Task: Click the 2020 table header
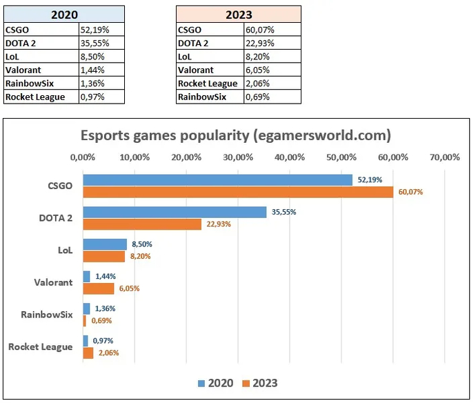point(64,14)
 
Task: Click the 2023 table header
point(239,14)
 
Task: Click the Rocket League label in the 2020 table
point(35,97)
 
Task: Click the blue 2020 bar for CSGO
point(217,180)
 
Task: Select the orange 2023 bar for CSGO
point(238,192)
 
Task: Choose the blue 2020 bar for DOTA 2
point(175,213)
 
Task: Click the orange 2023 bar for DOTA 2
point(142,224)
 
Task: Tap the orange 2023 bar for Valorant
point(99,288)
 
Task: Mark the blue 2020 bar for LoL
point(105,244)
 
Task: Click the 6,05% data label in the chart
point(128,288)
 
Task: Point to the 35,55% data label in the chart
point(284,213)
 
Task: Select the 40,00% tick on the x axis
point(289,157)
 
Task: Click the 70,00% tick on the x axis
point(444,157)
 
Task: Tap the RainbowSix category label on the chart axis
point(46,315)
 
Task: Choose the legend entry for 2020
point(215,382)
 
